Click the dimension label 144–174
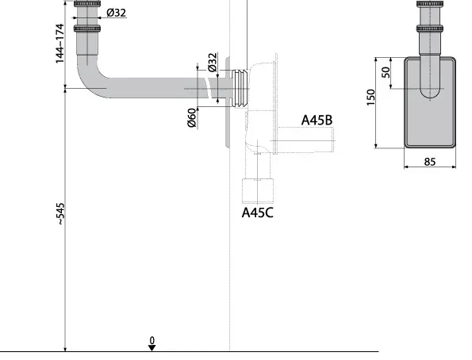(x=60, y=44)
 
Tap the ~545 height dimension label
(x=60, y=214)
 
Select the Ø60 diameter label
(x=192, y=117)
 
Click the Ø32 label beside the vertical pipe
(x=116, y=13)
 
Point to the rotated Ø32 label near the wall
(x=213, y=63)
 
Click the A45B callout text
(x=317, y=120)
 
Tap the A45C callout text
(x=258, y=213)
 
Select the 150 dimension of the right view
(x=371, y=97)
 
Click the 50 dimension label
(x=386, y=72)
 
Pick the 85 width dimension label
(x=429, y=162)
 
